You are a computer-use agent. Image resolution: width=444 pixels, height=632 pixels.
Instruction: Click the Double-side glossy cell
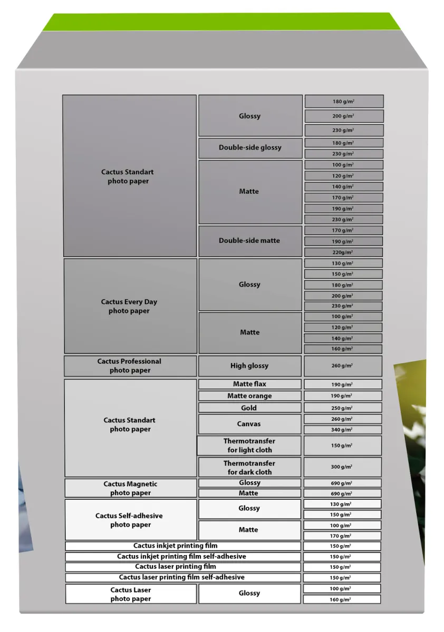coord(250,148)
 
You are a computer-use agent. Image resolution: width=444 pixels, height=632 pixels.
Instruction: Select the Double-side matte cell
coord(250,241)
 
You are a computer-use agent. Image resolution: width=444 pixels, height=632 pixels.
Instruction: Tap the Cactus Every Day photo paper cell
coord(130,306)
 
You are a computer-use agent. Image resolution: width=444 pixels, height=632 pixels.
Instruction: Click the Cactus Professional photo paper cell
coord(130,366)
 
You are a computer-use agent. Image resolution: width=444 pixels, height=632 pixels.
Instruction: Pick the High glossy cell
coord(249,366)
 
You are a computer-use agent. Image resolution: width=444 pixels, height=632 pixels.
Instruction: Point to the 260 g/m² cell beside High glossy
coord(343,366)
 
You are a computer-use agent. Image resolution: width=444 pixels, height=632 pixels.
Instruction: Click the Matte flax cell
coord(249,384)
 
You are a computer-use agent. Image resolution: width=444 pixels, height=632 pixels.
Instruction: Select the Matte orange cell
coord(249,396)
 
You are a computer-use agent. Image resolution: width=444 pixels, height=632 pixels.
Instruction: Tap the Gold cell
coord(249,408)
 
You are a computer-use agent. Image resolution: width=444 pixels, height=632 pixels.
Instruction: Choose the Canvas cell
coord(249,424)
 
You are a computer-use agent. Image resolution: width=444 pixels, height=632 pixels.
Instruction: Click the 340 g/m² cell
coord(343,430)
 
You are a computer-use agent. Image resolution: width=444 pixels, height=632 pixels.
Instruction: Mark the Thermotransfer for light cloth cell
coord(249,446)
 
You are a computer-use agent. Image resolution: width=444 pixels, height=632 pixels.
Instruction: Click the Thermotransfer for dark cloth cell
coord(249,467)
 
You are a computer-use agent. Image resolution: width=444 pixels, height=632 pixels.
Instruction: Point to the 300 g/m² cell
coord(343,467)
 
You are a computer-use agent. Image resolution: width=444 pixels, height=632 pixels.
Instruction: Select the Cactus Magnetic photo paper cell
coord(130,488)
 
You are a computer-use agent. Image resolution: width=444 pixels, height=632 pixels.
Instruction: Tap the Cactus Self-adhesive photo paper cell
coord(130,520)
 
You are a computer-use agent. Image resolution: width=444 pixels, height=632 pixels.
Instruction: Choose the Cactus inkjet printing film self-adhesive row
coord(182,556)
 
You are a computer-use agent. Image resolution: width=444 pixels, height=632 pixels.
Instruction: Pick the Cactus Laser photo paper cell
coord(130,594)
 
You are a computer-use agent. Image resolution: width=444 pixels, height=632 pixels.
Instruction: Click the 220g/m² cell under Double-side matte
coord(343,252)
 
